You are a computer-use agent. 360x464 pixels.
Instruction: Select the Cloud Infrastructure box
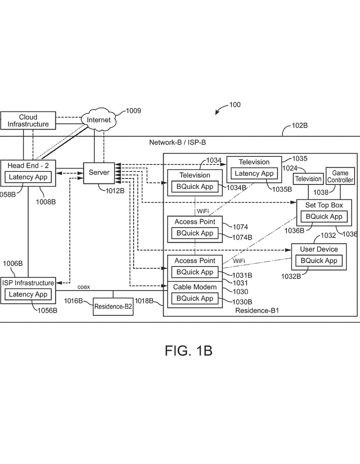pyautogui.click(x=28, y=121)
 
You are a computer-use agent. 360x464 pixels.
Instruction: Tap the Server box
pyautogui.click(x=98, y=173)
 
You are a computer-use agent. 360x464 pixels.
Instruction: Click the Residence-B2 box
pyautogui.click(x=113, y=307)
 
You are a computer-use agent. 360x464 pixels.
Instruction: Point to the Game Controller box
pyautogui.click(x=340, y=177)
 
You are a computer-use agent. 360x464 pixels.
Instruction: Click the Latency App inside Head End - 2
pyautogui.click(x=28, y=177)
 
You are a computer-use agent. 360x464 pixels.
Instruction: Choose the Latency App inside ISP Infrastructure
pyautogui.click(x=28, y=295)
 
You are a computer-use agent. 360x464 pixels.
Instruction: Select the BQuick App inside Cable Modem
pyautogui.click(x=195, y=299)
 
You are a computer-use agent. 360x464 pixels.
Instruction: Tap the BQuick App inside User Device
pyautogui.click(x=318, y=261)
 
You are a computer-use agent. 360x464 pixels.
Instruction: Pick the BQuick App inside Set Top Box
pyautogui.click(x=324, y=217)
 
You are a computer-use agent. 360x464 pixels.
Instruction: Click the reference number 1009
pyautogui.click(x=133, y=111)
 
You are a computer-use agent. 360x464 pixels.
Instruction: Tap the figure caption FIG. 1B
pyautogui.click(x=188, y=351)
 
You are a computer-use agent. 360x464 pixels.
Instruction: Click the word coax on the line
pyautogui.click(x=84, y=287)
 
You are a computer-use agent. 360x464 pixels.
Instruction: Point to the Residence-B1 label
pyautogui.click(x=257, y=311)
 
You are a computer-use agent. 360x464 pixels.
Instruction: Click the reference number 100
pyautogui.click(x=235, y=105)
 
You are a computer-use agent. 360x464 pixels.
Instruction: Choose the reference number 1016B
pyautogui.click(x=73, y=301)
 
